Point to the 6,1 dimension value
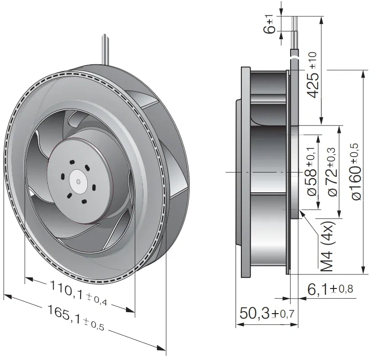click(318, 289)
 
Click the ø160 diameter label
click(357, 183)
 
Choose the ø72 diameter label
click(333, 182)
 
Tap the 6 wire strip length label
click(269, 29)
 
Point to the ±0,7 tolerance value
click(283, 314)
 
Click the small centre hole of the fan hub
click(78, 182)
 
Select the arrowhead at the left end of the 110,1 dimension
click(29, 279)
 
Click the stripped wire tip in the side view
click(294, 24)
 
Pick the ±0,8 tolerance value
click(342, 289)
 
